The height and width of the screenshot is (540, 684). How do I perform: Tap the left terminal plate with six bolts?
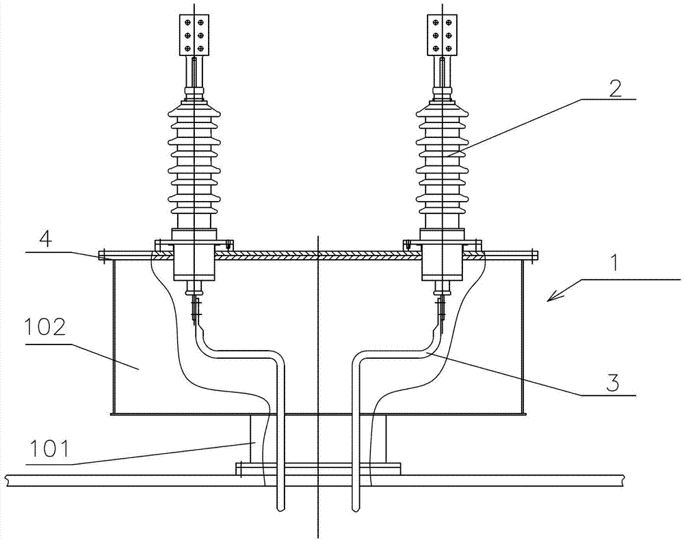click(194, 35)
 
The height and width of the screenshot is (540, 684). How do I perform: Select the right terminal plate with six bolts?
click(442, 35)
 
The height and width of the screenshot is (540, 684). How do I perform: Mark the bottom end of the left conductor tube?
click(280, 510)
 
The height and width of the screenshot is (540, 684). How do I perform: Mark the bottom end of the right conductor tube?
click(356, 510)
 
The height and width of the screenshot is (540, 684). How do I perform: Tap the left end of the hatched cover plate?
click(101, 256)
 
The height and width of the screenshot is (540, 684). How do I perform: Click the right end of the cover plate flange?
click(536, 256)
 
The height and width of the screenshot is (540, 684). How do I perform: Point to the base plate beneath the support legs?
click(318, 469)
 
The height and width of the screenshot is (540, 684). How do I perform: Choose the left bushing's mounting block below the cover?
click(194, 262)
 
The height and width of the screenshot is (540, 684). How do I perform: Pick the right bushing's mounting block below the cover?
click(442, 262)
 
